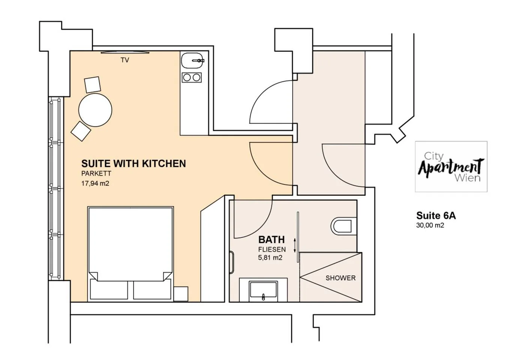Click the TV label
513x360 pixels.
125,60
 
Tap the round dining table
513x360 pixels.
95,110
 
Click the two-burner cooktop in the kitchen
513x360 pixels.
192,78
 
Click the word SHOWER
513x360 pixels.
340,278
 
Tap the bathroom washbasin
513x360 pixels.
263,290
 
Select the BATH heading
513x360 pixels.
272,240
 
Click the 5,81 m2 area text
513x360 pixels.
270,258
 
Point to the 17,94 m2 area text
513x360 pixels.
95,183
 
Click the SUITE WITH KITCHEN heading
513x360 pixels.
134,163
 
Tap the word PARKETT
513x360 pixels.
96,174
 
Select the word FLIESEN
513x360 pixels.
272,249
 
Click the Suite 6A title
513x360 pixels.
436,216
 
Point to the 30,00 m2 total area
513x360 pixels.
430,225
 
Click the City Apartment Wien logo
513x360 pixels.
451,166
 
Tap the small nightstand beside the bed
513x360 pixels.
181,294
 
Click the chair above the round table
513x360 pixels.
93,85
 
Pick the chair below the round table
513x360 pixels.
81,131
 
